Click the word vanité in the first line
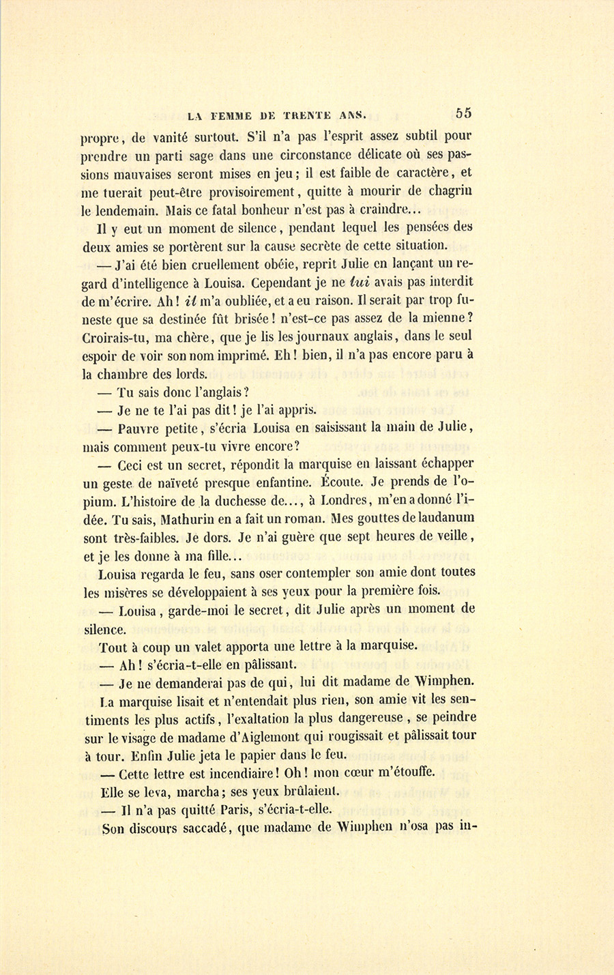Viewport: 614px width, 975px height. (166, 137)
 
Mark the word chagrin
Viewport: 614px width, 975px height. (447, 192)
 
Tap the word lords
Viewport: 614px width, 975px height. (190, 373)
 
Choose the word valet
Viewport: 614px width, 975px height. (233, 645)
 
